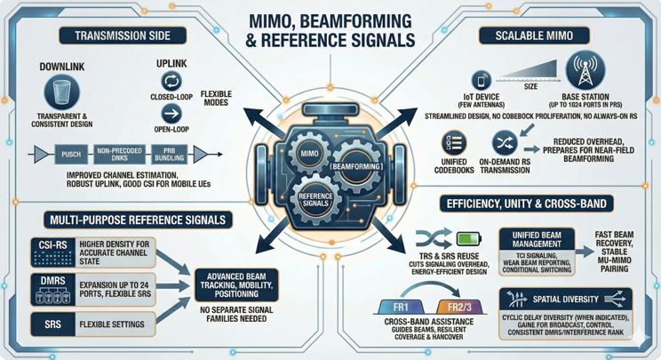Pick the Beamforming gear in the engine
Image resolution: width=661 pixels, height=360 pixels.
[x=355, y=166]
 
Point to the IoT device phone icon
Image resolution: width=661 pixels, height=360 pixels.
[x=482, y=81]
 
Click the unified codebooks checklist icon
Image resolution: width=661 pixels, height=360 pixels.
[x=454, y=142]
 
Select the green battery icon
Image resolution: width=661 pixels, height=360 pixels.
[x=468, y=238]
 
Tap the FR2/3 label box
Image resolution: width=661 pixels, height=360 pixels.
[x=460, y=308]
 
